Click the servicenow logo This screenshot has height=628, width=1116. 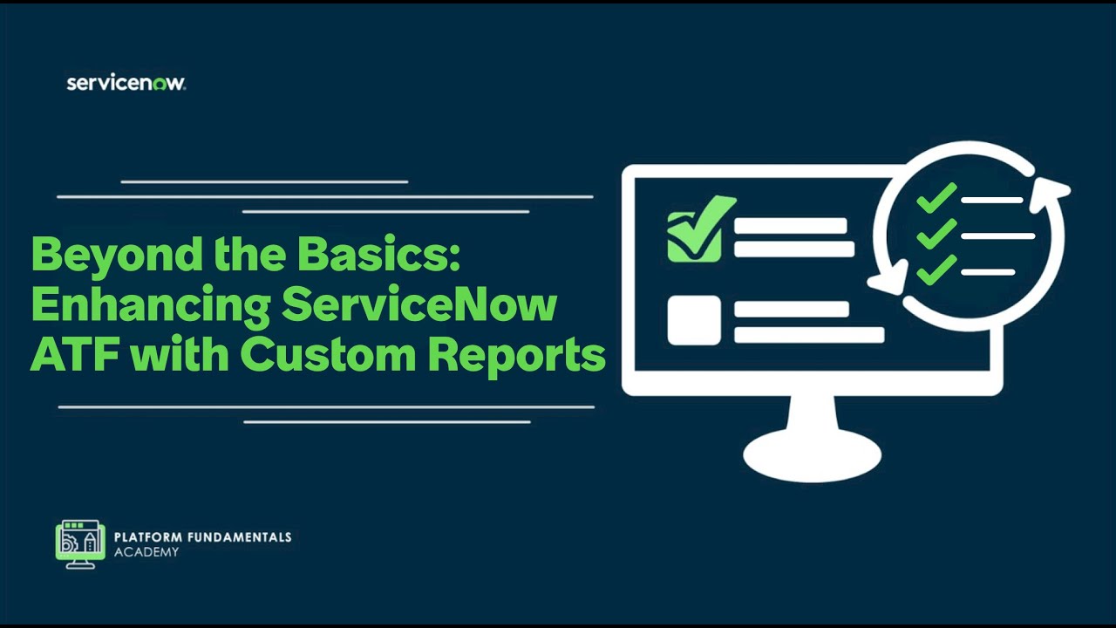point(126,83)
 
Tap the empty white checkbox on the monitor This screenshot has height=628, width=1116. point(694,320)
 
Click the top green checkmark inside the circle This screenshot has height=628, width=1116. point(936,199)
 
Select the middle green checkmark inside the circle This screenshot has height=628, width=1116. point(936,234)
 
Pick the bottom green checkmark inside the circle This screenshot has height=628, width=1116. point(936,270)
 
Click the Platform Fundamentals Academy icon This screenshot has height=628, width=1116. point(80,544)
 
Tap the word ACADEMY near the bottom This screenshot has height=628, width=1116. point(146,552)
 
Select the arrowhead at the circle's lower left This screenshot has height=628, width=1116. point(888,281)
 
